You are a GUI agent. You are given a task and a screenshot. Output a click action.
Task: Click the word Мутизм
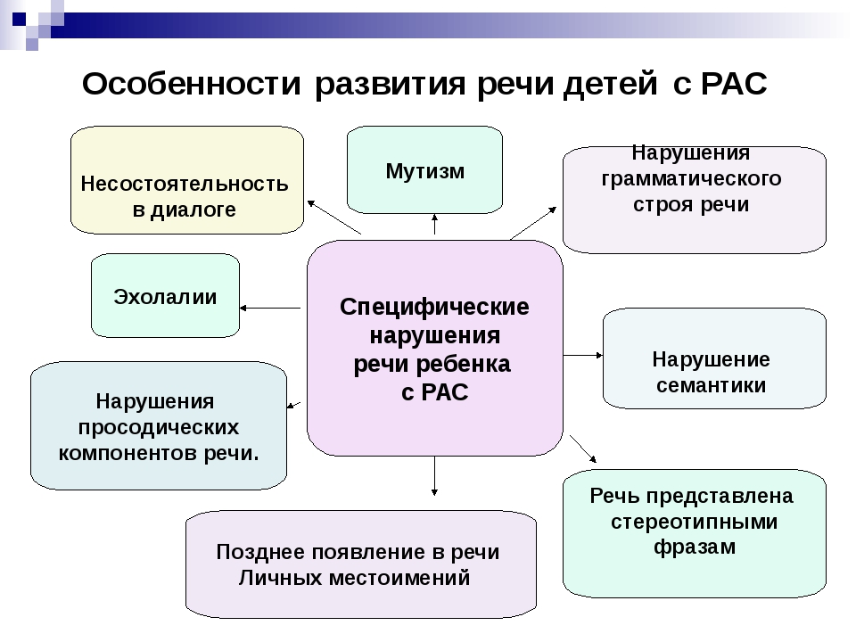coord(424,170)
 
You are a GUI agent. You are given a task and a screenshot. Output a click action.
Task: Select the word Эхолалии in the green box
coord(165,297)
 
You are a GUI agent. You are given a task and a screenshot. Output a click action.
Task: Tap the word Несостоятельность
coord(185,185)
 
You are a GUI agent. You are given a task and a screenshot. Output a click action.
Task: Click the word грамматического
coord(692,178)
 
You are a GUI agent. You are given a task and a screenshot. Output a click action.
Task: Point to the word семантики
coord(711,385)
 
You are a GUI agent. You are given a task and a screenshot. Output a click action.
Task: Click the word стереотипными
coord(694,522)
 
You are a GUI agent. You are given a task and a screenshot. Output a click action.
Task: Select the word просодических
coord(159,426)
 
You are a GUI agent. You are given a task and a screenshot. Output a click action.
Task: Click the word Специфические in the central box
coord(434,307)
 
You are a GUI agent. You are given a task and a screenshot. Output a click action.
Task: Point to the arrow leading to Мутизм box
coord(434,224)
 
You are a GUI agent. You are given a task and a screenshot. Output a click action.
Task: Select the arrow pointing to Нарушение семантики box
coord(583,355)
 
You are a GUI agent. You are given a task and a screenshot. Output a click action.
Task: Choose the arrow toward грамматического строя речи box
coord(533,222)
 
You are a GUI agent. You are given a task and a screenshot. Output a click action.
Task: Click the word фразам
coord(694,547)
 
